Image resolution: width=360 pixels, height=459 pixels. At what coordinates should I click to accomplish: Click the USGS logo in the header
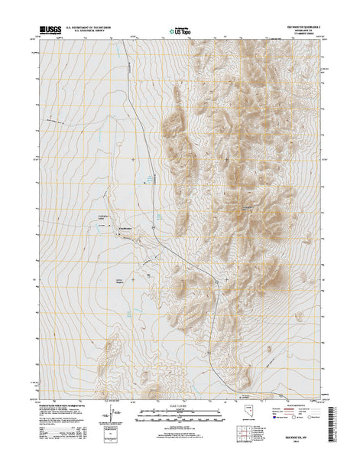tap(47, 31)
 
